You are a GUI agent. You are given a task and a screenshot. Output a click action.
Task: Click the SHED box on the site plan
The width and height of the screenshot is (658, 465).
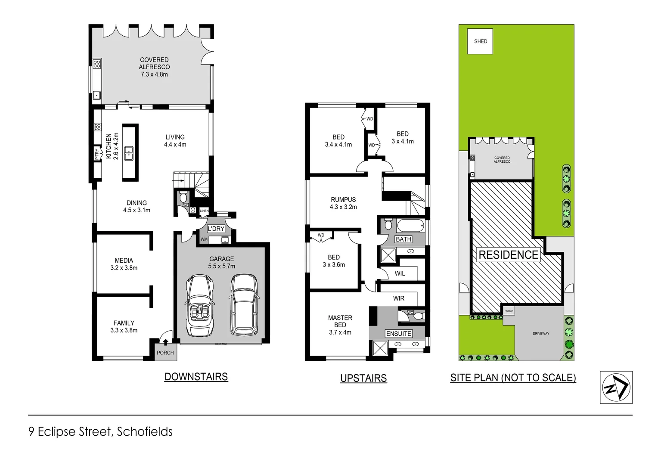click(x=480, y=41)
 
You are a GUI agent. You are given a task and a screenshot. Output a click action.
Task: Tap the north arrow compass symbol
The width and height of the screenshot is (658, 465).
click(x=616, y=387)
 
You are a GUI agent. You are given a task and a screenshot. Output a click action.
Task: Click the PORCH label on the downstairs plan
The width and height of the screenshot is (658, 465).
click(x=165, y=353)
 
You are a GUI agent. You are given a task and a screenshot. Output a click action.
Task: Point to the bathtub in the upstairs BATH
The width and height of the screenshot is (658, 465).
click(x=410, y=226)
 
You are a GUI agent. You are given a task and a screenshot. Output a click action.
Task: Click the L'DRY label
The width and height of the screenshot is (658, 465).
click(x=216, y=229)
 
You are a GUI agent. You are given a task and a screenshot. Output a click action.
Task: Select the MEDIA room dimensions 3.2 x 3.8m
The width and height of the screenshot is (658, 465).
click(x=124, y=268)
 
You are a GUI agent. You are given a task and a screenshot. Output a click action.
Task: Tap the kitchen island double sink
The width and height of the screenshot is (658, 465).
click(x=129, y=153)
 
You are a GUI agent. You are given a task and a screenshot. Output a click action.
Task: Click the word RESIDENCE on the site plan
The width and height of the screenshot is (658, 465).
click(x=508, y=255)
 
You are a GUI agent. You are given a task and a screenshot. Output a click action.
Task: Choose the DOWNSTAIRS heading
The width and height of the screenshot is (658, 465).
click(x=196, y=377)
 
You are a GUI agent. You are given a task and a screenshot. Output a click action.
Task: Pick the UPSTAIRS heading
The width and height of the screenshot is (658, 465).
click(x=363, y=378)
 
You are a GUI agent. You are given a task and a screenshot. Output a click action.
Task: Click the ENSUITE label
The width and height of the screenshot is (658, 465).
click(x=399, y=334)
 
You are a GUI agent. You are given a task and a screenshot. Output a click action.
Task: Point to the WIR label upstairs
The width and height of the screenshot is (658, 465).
click(x=399, y=298)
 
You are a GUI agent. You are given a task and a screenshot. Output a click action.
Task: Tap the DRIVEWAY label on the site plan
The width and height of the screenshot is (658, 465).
click(x=541, y=334)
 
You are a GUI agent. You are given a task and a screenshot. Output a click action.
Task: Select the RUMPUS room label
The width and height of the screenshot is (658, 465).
click(x=343, y=200)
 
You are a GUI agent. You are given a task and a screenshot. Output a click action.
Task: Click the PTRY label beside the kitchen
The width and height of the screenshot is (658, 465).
click(x=97, y=154)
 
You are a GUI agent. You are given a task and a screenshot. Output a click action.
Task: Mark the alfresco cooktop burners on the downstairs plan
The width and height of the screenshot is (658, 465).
click(x=97, y=64)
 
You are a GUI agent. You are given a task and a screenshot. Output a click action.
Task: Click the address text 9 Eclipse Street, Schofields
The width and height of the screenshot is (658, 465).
click(x=100, y=431)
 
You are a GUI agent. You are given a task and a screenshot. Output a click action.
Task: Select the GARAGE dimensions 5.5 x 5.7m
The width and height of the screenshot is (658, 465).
click(x=221, y=266)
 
